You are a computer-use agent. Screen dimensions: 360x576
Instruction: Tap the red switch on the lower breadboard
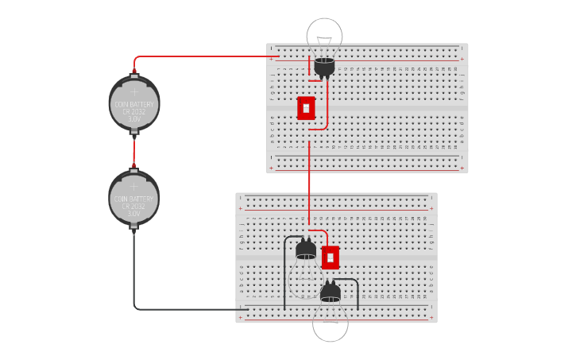click(x=331, y=257)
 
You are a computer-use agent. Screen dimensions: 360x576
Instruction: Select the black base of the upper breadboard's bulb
click(x=323, y=67)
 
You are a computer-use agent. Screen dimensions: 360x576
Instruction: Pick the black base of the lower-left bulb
click(x=306, y=251)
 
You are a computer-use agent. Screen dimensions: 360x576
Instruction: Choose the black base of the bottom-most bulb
click(x=330, y=293)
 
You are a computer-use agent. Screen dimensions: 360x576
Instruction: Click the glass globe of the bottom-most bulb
click(x=330, y=324)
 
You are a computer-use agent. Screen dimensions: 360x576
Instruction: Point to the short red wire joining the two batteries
click(x=133, y=151)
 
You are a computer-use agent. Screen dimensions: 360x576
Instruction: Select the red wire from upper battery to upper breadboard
click(x=199, y=56)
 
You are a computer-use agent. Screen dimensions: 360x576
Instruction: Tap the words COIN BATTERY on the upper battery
click(x=134, y=104)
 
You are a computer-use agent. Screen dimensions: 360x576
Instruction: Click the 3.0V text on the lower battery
click(x=133, y=214)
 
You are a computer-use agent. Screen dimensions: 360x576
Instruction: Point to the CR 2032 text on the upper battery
click(x=134, y=112)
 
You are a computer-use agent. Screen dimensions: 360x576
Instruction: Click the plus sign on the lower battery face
click(x=133, y=186)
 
